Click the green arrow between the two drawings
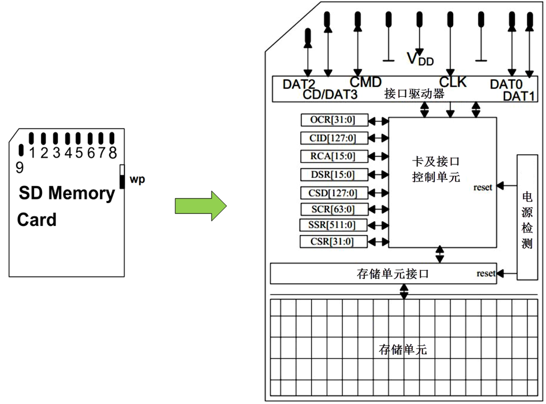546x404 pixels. point(200,205)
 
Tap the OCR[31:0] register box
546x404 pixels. point(334,120)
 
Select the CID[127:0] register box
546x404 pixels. point(334,138)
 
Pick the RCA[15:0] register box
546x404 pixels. point(334,156)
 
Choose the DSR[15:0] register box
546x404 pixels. point(334,174)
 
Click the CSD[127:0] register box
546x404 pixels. point(334,192)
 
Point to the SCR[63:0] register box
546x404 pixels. point(334,209)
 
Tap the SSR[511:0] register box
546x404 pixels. point(334,225)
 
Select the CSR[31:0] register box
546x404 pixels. point(334,242)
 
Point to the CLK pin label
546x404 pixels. point(453,83)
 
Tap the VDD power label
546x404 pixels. point(420,58)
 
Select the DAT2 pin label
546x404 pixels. point(299,85)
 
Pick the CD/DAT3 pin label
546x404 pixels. point(330,94)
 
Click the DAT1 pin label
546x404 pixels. point(520,96)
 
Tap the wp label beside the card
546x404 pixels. point(137,180)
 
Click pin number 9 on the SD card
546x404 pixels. point(20,167)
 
